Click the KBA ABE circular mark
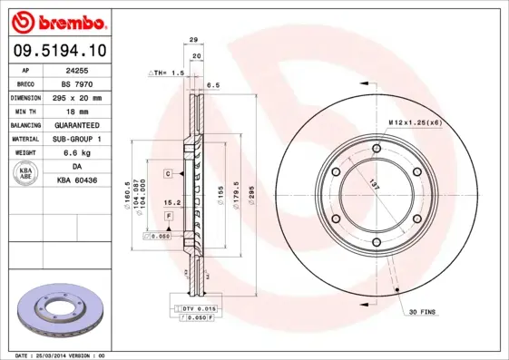coord(25,174)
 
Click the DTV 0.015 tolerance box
coord(192,309)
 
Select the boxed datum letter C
coord(168,172)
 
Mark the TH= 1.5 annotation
coord(167,71)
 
